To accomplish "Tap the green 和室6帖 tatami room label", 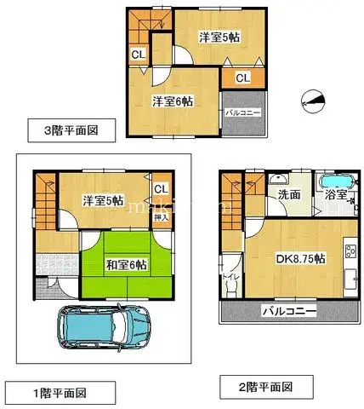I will pyautogui.click(x=126, y=264).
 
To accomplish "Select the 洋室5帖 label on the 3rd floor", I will pyautogui.click(x=220, y=37).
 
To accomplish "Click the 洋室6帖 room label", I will pyautogui.click(x=173, y=101).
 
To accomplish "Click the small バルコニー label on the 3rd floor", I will pyautogui.click(x=243, y=112).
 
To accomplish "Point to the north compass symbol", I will pyautogui.click(x=314, y=101).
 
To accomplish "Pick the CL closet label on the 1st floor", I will pyautogui.click(x=161, y=189).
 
